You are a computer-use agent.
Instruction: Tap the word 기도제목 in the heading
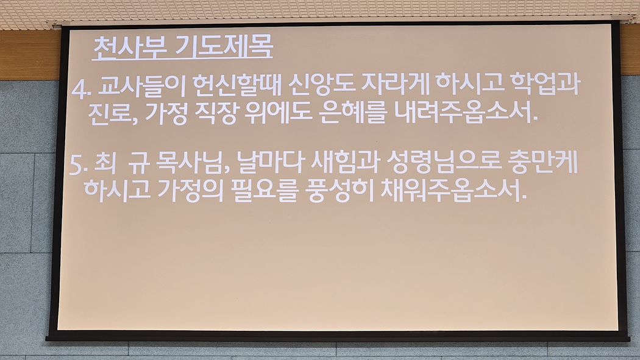click(x=224, y=47)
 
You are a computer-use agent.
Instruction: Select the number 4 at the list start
click(x=79, y=90)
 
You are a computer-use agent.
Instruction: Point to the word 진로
click(x=110, y=113)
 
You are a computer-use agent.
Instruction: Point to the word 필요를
click(x=264, y=191)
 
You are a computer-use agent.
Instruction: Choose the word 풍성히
click(x=340, y=191)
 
